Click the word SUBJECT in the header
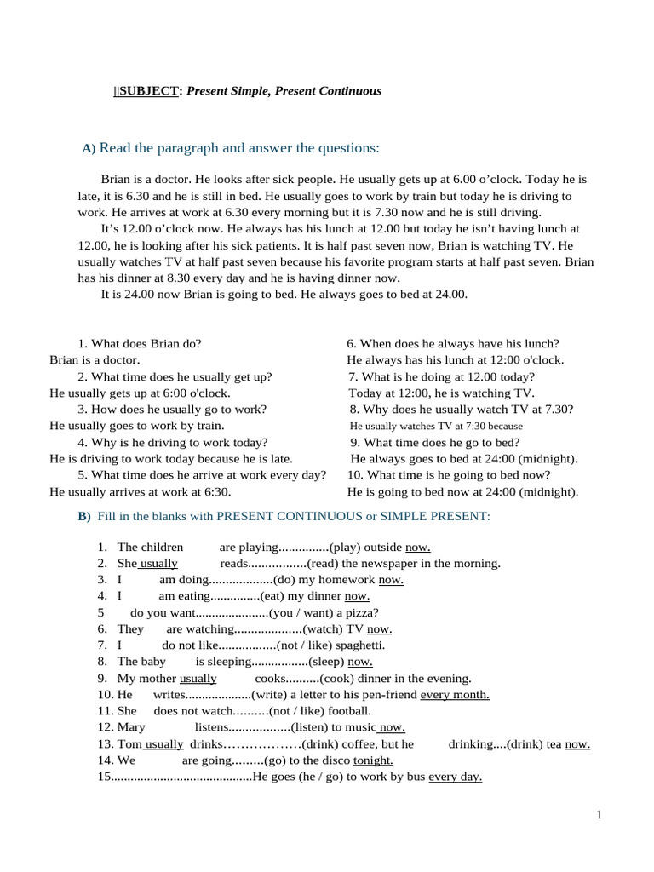(x=149, y=90)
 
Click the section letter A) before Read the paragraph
(x=89, y=149)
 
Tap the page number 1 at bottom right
(x=599, y=815)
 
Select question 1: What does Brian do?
(x=139, y=344)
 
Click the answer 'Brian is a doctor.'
(x=95, y=360)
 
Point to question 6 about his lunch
(x=452, y=344)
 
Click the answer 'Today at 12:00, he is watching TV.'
(x=441, y=393)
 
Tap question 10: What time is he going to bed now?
(x=449, y=475)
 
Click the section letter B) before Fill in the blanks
(x=84, y=517)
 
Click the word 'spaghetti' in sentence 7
(x=347, y=645)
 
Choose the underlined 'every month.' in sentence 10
(x=455, y=695)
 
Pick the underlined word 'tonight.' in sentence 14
(x=373, y=760)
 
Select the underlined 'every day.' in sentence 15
(x=455, y=777)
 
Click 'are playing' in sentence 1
(x=249, y=547)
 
